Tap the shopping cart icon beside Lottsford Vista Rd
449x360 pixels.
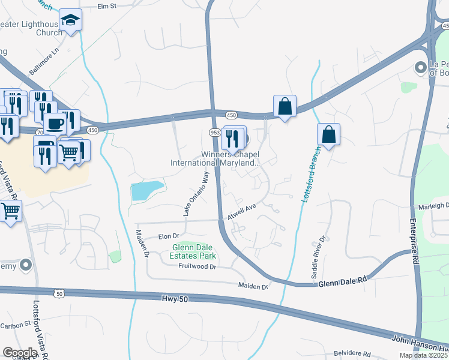pyautogui.click(x=10, y=211)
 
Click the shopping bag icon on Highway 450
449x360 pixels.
pyautogui.click(x=285, y=107)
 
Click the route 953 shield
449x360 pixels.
pyautogui.click(x=215, y=132)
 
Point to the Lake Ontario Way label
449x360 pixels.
pyautogui.click(x=196, y=193)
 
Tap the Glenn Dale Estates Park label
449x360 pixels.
pyautogui.click(x=194, y=251)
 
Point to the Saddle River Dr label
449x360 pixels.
pyautogui.click(x=318, y=257)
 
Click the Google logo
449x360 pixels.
pyautogui.click(x=20, y=353)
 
